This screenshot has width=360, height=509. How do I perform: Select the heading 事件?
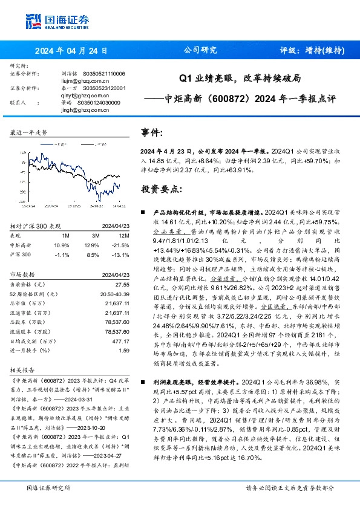pyautogui.click(x=152, y=132)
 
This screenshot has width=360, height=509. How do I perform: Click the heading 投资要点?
pyautogui.click(x=161, y=189)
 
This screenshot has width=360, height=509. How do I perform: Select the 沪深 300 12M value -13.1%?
pyautogui.click(x=122, y=255)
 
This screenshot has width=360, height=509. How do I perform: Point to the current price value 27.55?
pyautogui.click(x=123, y=284)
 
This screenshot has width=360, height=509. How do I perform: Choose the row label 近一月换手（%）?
pyautogui.click(x=29, y=350)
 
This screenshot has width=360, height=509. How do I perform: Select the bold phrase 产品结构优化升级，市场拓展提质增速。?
pyautogui.click(x=206, y=213)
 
